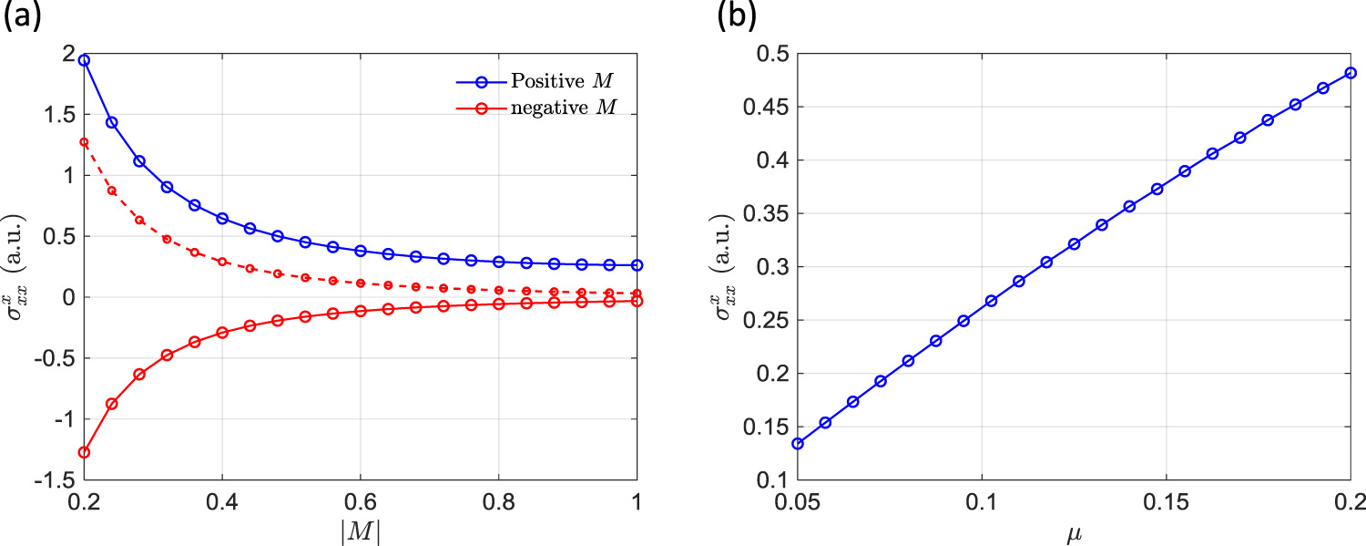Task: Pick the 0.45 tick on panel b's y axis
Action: (773, 108)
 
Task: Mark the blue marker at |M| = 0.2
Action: (84, 60)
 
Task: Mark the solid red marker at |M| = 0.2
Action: (84, 452)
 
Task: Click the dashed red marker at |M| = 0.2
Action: (84, 142)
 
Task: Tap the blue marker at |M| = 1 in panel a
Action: (637, 265)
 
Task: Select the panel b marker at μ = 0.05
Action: (798, 444)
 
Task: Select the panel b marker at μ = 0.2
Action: (1351, 73)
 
